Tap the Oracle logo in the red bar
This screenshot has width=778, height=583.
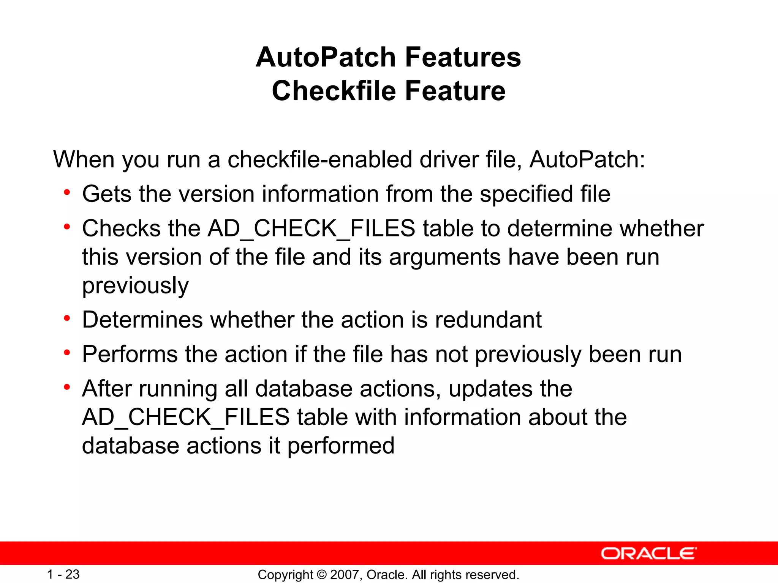pyautogui.click(x=648, y=553)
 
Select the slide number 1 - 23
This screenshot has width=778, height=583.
pyautogui.click(x=63, y=574)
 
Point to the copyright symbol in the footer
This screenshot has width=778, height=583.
pyautogui.click(x=322, y=575)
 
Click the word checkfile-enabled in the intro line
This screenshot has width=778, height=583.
pyautogui.click(x=319, y=159)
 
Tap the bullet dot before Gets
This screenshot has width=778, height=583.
pyautogui.click(x=67, y=193)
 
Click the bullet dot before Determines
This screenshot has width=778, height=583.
pyautogui.click(x=67, y=318)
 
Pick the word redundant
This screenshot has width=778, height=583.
pyautogui.click(x=488, y=320)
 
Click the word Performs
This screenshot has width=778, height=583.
pyautogui.click(x=130, y=354)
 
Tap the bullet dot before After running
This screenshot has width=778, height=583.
pyautogui.click(x=67, y=387)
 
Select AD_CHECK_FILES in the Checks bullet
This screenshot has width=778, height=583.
pyautogui.click(x=311, y=228)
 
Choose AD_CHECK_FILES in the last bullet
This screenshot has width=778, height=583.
pyautogui.click(x=186, y=417)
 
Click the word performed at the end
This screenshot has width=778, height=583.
pyautogui.click(x=341, y=446)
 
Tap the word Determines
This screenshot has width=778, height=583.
pyautogui.click(x=142, y=320)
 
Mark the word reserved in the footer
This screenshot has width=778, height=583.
pyautogui.click(x=498, y=575)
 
